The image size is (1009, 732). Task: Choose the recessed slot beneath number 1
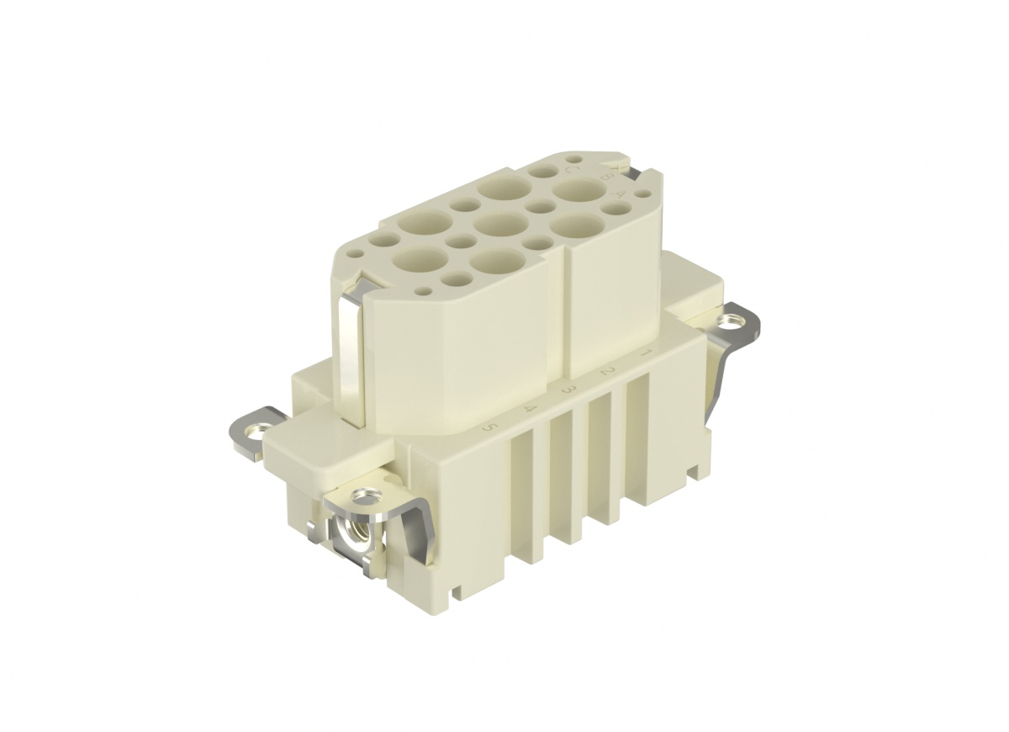(x=636, y=438)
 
